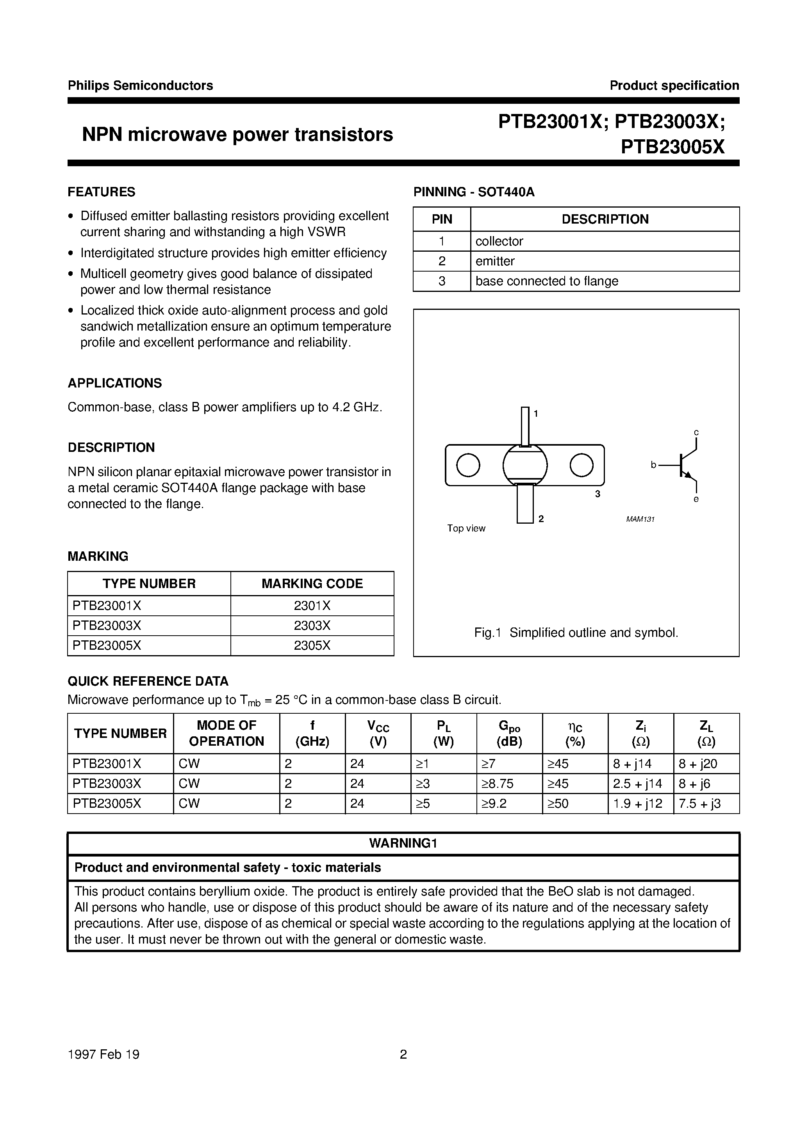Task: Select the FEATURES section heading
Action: point(102,192)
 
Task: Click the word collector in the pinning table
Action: point(499,241)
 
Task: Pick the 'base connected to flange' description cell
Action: point(547,281)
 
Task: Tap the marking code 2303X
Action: point(312,626)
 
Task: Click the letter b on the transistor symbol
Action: point(654,465)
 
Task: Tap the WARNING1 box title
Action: point(403,843)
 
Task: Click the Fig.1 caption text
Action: point(576,633)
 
